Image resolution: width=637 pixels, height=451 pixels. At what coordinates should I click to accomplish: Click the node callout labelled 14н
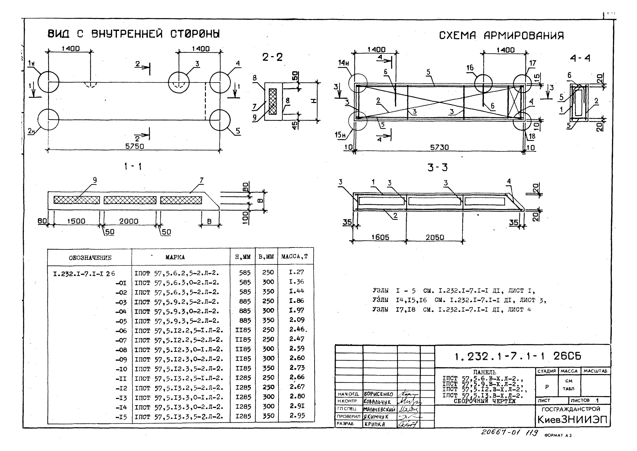[344, 63]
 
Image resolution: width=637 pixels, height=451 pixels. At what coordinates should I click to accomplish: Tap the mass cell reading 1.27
[296, 272]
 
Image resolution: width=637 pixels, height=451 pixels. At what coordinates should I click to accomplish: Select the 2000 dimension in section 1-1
[129, 221]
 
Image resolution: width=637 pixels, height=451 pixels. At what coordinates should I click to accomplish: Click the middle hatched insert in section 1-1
[130, 200]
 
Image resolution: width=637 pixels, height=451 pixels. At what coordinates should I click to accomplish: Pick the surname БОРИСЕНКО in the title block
[378, 394]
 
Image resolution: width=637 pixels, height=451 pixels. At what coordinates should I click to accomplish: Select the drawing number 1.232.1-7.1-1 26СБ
[518, 356]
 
